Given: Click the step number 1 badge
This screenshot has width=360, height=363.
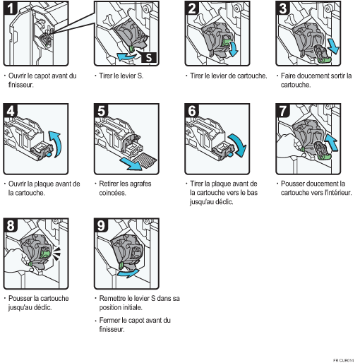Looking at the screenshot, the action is pyautogui.click(x=11, y=8).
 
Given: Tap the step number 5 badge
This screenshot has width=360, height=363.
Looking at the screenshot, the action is pyautogui.click(x=101, y=110).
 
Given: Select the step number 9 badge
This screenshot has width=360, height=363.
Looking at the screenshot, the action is pyautogui.click(x=101, y=225).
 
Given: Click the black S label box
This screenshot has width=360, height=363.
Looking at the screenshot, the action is pyautogui.click(x=149, y=57).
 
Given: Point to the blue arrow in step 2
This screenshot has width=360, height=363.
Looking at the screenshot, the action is pyautogui.click(x=234, y=49).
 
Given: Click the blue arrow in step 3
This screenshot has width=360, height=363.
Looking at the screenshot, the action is pyautogui.click(x=333, y=47).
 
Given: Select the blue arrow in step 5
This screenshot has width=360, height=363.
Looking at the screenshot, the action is pyautogui.click(x=131, y=164).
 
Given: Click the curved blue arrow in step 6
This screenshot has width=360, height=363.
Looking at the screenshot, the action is pyautogui.click(x=239, y=145).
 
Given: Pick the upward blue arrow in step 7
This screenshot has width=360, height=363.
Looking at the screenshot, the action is pyautogui.click(x=331, y=142).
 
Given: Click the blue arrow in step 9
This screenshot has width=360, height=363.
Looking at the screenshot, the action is pyautogui.click(x=128, y=273).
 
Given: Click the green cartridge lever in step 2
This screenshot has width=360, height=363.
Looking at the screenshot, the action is pyautogui.click(x=226, y=42).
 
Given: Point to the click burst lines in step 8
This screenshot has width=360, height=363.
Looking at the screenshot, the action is pyautogui.click(x=56, y=254).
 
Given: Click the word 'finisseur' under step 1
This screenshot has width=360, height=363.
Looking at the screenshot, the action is pyautogui.click(x=20, y=85).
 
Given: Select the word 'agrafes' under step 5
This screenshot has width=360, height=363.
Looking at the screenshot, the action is pyautogui.click(x=140, y=184).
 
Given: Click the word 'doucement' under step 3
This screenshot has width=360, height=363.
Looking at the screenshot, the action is pyautogui.click(x=309, y=76).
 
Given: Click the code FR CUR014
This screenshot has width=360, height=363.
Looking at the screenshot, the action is pyautogui.click(x=344, y=360).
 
